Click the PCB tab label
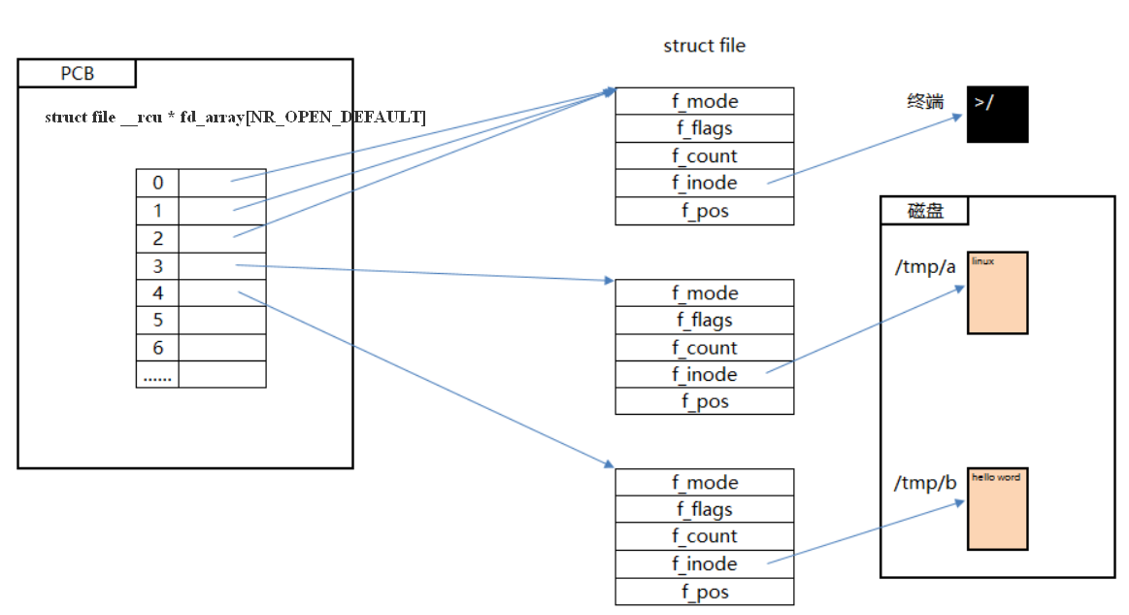pyautogui.click(x=77, y=74)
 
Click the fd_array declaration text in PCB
pyautogui.click(x=235, y=118)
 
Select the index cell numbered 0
pyautogui.click(x=157, y=183)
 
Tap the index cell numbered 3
pyautogui.click(x=157, y=265)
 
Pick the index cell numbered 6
pyautogui.click(x=157, y=348)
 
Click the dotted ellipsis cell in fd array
pyautogui.click(x=157, y=375)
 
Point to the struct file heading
pyautogui.click(x=704, y=46)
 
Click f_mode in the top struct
pyautogui.click(x=705, y=101)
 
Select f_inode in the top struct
pyautogui.click(x=705, y=183)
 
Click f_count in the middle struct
pyautogui.click(x=705, y=348)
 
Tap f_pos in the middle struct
pyautogui.click(x=705, y=401)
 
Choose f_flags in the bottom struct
pyautogui.click(x=705, y=509)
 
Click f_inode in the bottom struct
pyautogui.click(x=705, y=564)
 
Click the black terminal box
pyautogui.click(x=997, y=115)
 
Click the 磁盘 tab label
pyautogui.click(x=924, y=211)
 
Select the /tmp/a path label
pyautogui.click(x=925, y=266)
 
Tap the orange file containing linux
pyautogui.click(x=997, y=292)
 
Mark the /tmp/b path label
pyautogui.click(x=925, y=483)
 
